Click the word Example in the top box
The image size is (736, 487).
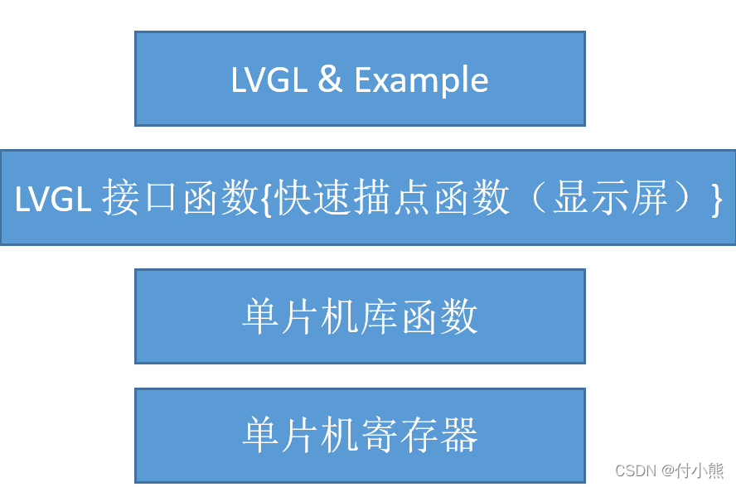pos(421,80)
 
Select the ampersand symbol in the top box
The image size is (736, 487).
pos(330,80)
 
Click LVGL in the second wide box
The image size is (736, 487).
pos(52,200)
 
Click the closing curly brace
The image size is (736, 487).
pos(715,200)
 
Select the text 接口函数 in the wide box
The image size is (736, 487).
pos(181,200)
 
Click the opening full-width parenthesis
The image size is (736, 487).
pos(538,200)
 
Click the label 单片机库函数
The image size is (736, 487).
pos(360,317)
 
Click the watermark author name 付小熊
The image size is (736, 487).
pos(700,470)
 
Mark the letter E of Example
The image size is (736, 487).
pos(362,80)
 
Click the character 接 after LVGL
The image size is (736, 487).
pos(122,200)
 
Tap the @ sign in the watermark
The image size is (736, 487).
pos(667,470)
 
